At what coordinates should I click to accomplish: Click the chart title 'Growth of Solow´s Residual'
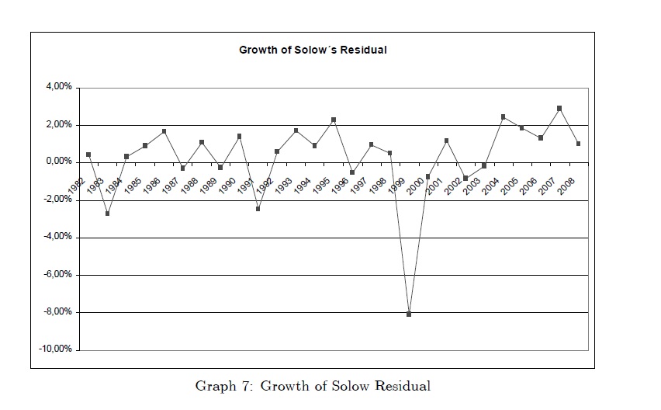pos(313,50)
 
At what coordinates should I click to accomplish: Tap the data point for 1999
pos(409,314)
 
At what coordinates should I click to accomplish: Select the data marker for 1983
pos(107,213)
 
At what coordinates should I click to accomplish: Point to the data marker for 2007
pos(559,109)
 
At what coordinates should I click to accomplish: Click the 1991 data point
pos(258,209)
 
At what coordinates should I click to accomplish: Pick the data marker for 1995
pos(334,120)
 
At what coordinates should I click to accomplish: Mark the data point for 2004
pos(503,117)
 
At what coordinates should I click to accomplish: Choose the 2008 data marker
pos(578,144)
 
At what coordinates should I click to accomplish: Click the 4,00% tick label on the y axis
pos(58,87)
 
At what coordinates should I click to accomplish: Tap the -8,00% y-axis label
pos(56,312)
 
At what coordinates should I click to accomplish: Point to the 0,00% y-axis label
pos(58,162)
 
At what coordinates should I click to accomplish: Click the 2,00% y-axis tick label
pos(58,124)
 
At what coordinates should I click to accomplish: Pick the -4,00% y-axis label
pos(56,237)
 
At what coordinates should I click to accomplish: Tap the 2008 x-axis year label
pos(566,185)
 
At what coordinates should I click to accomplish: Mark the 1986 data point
pos(164,131)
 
